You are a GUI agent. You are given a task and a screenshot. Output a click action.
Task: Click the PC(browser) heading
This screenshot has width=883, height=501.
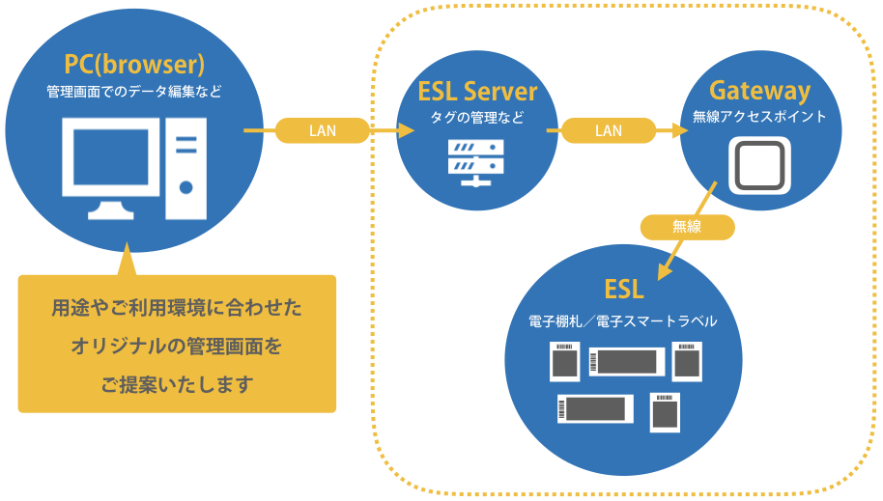coord(134,65)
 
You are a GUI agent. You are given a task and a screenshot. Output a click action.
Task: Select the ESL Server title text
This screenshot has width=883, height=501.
coord(477,92)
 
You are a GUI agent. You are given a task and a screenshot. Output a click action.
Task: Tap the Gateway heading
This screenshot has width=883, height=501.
coord(759,91)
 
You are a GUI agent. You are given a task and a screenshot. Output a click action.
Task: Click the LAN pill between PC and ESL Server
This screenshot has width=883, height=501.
coord(323,130)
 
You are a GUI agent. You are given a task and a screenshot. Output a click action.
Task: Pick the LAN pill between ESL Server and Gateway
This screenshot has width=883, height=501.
coord(608,130)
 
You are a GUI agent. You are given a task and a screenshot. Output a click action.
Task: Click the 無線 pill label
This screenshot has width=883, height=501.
coord(687,227)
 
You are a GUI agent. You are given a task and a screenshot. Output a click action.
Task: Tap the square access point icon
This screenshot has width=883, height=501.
coord(759,163)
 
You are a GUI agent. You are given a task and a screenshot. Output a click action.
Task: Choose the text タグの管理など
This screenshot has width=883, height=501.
coord(477,118)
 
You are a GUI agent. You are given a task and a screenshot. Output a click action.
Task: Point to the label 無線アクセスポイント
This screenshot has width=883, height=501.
coord(759,117)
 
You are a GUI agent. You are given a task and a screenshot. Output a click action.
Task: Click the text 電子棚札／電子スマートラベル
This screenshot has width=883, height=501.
coord(623,320)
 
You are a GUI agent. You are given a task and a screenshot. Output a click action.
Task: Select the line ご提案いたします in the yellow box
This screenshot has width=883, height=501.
coord(177,384)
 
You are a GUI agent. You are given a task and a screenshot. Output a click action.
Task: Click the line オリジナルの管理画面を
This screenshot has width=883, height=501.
coord(177,347)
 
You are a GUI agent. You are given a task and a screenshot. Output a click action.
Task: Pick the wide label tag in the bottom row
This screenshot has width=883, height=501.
coord(594,408)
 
